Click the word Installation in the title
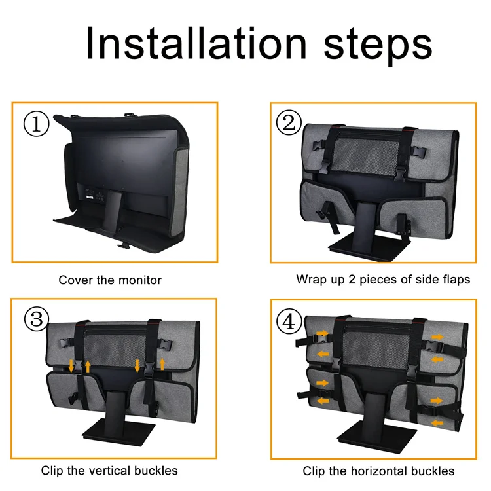tap(196, 43)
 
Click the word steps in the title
tap(378, 46)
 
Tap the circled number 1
tap(36, 124)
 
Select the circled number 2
tap(289, 122)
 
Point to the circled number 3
tap(37, 319)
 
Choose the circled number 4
tap(289, 321)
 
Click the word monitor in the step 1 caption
tap(140, 280)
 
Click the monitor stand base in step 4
tap(377, 437)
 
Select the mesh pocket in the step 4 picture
tap(376, 346)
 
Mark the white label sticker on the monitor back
tap(90, 197)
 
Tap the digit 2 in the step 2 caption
tap(352, 280)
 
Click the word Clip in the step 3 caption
tap(52, 471)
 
